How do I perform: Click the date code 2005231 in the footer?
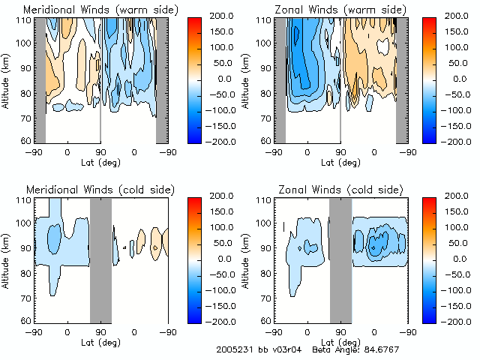click(x=232, y=349)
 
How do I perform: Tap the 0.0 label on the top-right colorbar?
click(x=459, y=78)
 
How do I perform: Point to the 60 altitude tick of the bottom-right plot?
click(x=266, y=320)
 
